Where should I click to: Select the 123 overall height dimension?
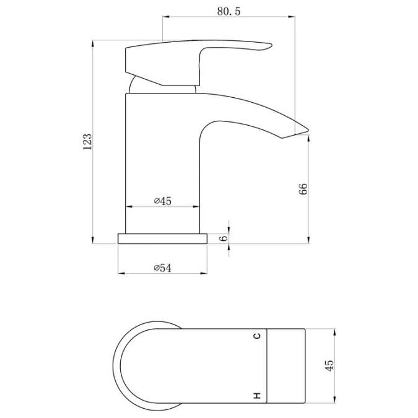tap(87, 141)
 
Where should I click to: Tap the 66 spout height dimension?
tap(303, 189)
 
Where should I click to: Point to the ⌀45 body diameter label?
tap(162, 201)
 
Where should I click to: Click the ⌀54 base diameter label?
tap(162, 268)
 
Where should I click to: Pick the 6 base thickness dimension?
tap(224, 238)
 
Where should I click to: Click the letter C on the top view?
tap(256, 336)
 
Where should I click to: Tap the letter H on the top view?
tap(256, 394)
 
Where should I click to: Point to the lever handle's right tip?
tap(271, 45)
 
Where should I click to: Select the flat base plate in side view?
tap(162, 238)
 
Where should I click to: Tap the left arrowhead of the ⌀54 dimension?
tap(120, 273)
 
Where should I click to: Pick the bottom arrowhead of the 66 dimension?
tap(308, 241)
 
